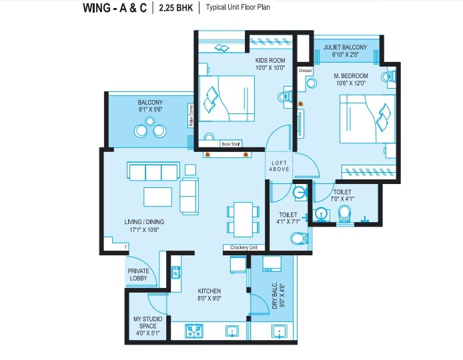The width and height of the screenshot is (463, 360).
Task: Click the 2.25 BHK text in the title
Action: pos(175,8)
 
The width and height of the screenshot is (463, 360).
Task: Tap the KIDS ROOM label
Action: pos(270,60)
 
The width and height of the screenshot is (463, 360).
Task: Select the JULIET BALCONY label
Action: pos(345,47)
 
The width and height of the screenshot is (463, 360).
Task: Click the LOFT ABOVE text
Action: pos(280,166)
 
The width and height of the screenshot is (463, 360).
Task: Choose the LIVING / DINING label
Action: pos(144,222)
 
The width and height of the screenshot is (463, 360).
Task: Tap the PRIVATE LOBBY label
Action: pos(139,275)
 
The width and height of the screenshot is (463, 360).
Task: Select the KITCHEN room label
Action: pos(209,291)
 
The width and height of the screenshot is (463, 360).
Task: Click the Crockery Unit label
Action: pos(244,248)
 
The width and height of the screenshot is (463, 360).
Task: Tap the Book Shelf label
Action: pos(231,144)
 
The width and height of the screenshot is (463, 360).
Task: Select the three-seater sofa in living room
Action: pos(153,172)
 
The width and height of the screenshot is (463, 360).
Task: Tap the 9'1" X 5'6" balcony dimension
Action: pos(150,110)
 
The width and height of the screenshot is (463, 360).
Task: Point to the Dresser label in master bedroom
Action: pos(306,70)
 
